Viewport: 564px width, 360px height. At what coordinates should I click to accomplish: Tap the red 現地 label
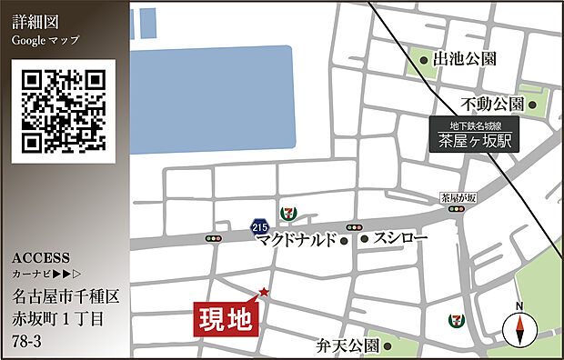click(x=227, y=319)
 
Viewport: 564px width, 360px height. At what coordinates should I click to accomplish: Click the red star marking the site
click(x=264, y=292)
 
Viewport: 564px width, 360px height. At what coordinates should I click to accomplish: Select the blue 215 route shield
click(x=258, y=225)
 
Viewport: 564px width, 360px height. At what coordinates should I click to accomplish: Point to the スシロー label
click(x=400, y=240)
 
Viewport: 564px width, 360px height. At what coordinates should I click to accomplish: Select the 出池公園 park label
click(x=464, y=59)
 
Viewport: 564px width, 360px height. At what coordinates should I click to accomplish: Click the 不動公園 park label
click(x=492, y=103)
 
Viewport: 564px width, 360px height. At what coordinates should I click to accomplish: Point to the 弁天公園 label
click(x=347, y=346)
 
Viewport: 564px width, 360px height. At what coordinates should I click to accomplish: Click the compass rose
click(x=519, y=326)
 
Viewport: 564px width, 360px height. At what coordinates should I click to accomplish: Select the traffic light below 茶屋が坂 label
click(x=455, y=209)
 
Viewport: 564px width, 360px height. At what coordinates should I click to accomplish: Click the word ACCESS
click(x=42, y=257)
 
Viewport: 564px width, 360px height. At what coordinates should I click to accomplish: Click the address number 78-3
click(x=28, y=343)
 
